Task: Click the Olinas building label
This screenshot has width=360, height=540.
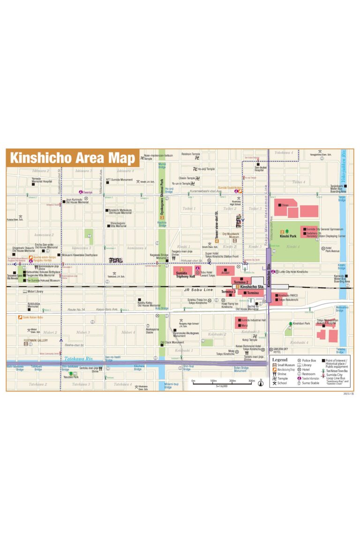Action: click(x=285, y=205)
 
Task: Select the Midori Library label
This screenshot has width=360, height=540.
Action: click(x=36, y=292)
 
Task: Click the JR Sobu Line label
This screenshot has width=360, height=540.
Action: click(x=198, y=291)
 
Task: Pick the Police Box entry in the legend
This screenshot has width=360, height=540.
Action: click(x=309, y=360)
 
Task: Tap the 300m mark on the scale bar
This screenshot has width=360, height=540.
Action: click(x=252, y=381)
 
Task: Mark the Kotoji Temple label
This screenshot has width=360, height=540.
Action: click(x=250, y=340)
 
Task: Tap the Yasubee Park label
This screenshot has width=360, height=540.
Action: click(x=71, y=376)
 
